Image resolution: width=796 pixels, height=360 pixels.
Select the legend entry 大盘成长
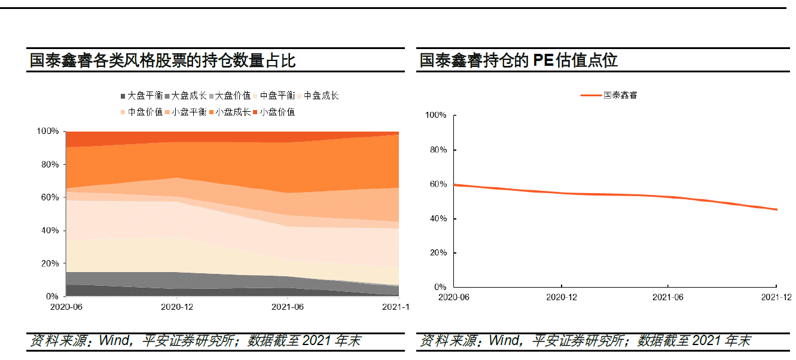pyautogui.click(x=190, y=96)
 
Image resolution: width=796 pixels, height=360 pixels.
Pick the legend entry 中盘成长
pyautogui.click(x=322, y=96)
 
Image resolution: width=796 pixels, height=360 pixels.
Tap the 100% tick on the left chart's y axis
pyautogui.click(x=48, y=131)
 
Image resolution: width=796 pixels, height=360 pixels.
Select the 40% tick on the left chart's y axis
pyautogui.click(x=50, y=230)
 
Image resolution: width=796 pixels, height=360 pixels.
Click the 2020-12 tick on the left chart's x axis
pyautogui.click(x=176, y=306)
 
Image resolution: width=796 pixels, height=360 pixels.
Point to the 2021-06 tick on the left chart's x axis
pyautogui.click(x=288, y=306)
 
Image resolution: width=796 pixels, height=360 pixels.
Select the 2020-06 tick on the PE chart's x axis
pyautogui.click(x=454, y=297)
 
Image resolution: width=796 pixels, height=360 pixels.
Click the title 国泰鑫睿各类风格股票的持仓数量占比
pyautogui.click(x=163, y=60)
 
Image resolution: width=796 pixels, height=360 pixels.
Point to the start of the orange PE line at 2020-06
pyautogui.click(x=454, y=185)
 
